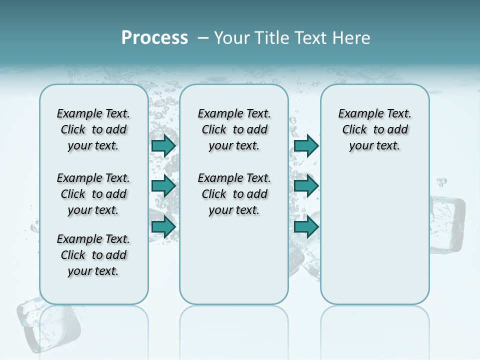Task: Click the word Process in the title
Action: (154, 38)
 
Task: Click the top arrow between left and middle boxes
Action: (163, 145)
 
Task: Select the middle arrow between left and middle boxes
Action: (163, 186)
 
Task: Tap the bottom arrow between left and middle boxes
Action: (163, 226)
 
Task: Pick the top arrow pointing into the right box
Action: (306, 145)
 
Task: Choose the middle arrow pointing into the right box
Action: (306, 186)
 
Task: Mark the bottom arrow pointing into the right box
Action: (306, 226)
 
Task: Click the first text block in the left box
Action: (93, 129)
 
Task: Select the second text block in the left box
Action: (93, 194)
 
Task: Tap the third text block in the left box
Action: (93, 255)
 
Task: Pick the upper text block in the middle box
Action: (234, 129)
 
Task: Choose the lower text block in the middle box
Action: (234, 194)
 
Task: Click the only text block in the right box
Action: (374, 129)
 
